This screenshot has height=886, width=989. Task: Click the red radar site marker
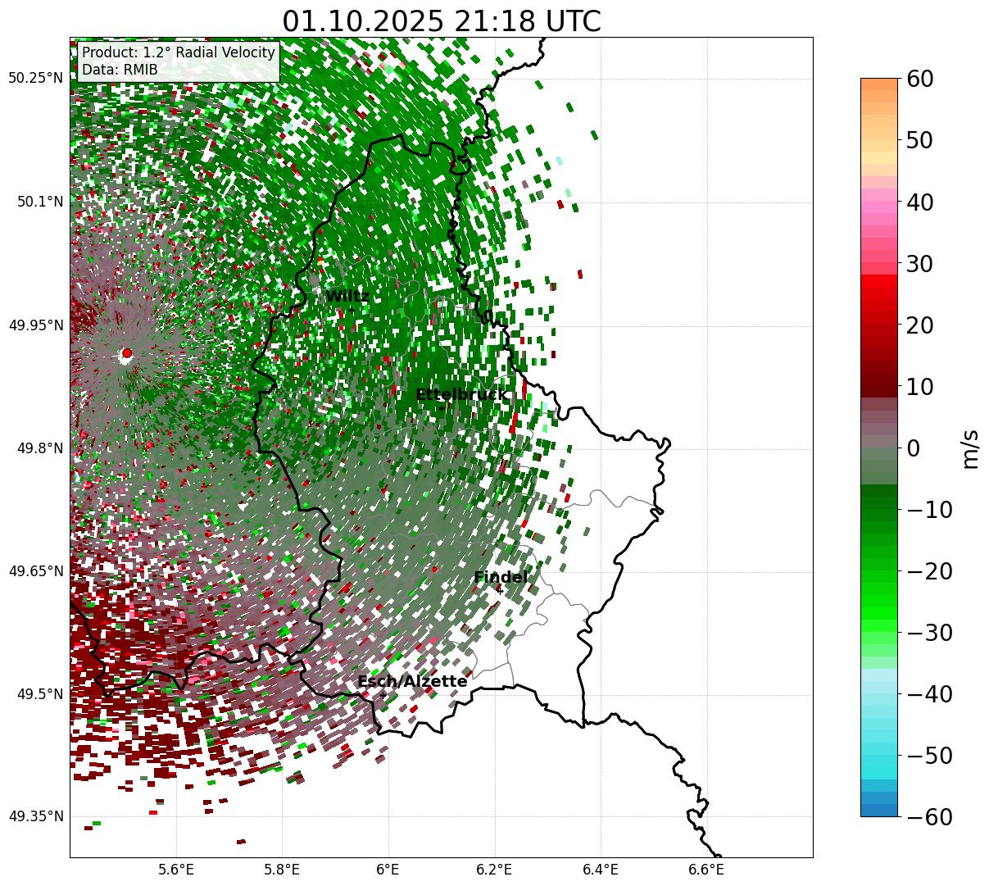point(126,353)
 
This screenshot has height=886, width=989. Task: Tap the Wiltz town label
point(347,297)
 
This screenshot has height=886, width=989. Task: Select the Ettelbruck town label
point(461,395)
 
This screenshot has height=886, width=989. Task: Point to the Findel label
point(501,578)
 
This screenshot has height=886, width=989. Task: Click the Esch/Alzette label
point(412,682)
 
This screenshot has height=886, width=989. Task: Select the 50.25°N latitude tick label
point(35,79)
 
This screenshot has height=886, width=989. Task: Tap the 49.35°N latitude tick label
point(35,816)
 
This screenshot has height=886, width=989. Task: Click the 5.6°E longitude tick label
point(176,870)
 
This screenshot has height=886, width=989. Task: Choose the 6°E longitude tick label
point(388,870)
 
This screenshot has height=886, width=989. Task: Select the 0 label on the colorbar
point(913,448)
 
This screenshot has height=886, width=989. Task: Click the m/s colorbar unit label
point(970,448)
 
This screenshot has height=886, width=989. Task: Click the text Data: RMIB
point(120,70)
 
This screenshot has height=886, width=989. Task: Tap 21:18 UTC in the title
point(533,21)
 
